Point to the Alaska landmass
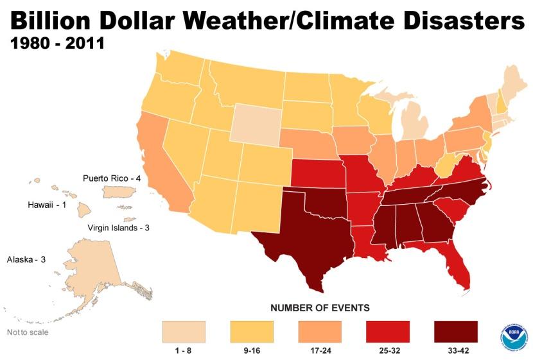96,270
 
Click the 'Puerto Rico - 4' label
112,178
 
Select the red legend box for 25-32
387,331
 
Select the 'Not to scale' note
27,332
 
